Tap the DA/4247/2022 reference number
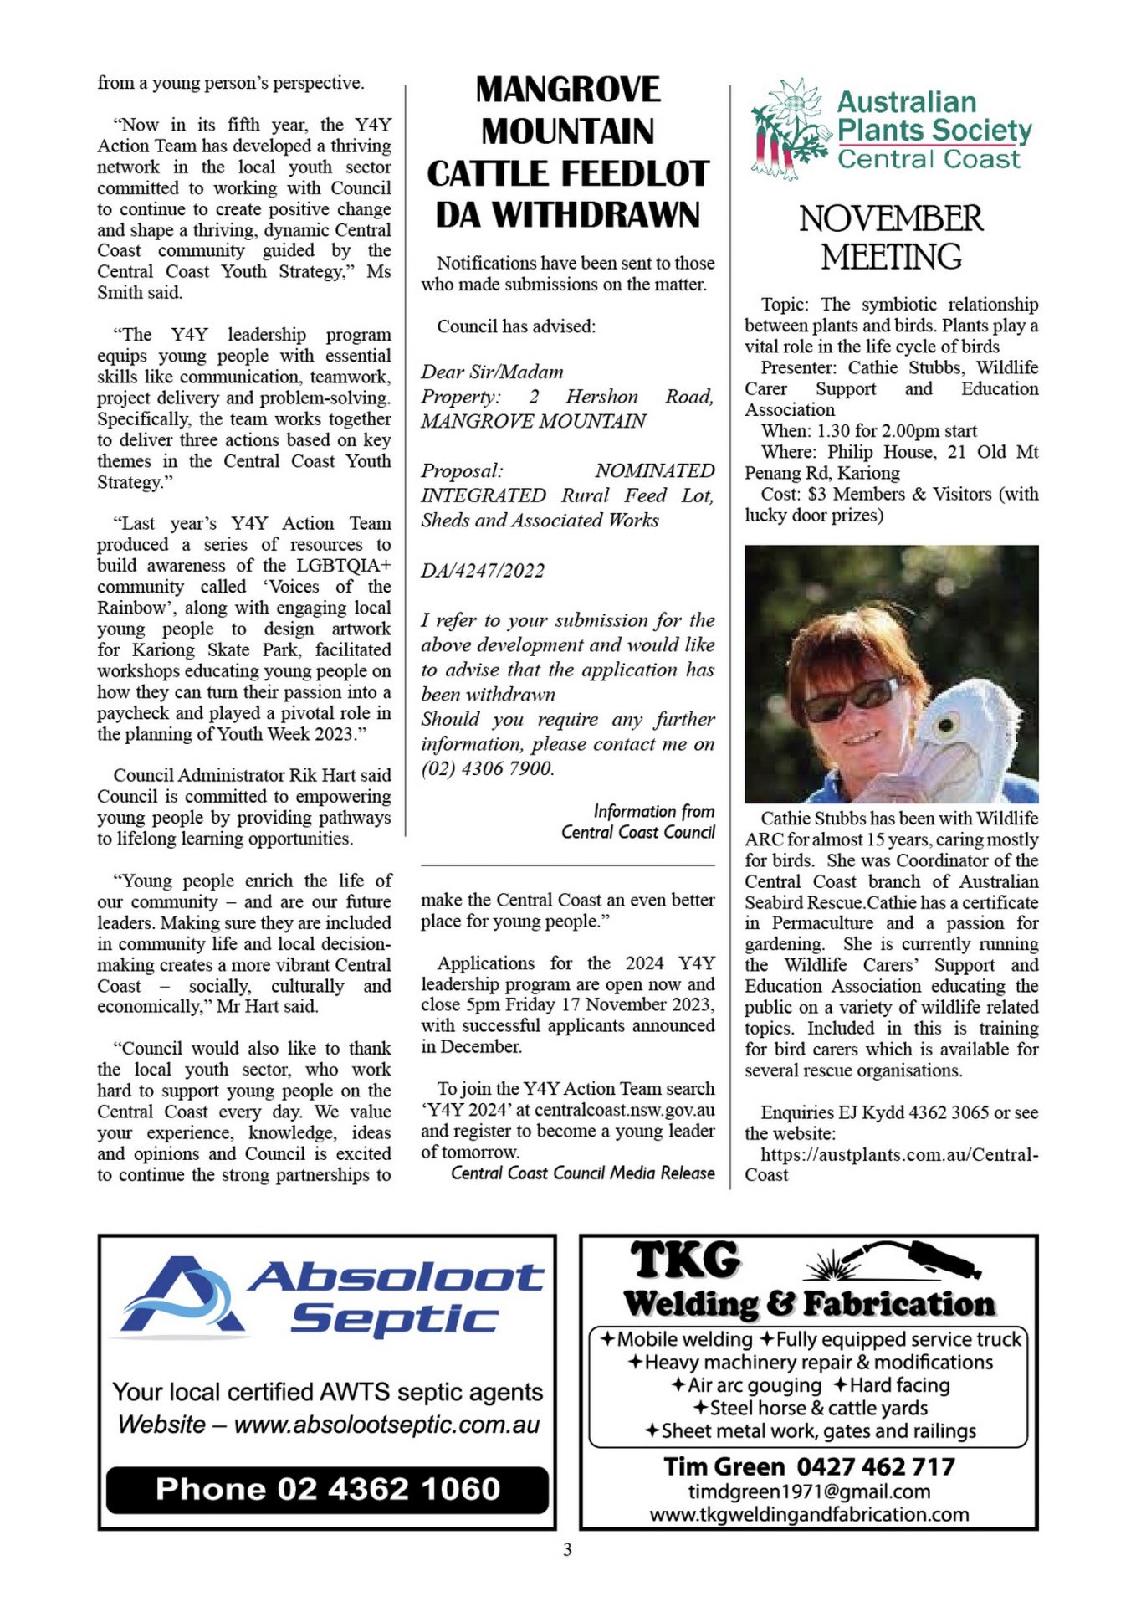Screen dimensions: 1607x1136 [x=483, y=571]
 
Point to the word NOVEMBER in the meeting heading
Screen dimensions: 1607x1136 [x=891, y=218]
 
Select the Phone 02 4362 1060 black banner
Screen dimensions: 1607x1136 [x=327, y=1489]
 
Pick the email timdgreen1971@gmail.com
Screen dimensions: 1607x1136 [x=809, y=1491]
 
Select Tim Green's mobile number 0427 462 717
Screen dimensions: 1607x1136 [x=875, y=1466]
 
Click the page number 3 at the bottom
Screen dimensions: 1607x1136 [x=567, y=1550]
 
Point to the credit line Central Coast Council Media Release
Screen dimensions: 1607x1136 [x=582, y=1173]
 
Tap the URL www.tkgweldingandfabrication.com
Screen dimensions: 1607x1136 [x=809, y=1514]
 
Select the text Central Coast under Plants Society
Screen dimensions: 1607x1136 [x=929, y=159]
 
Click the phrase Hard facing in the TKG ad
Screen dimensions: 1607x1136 [x=899, y=1385]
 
